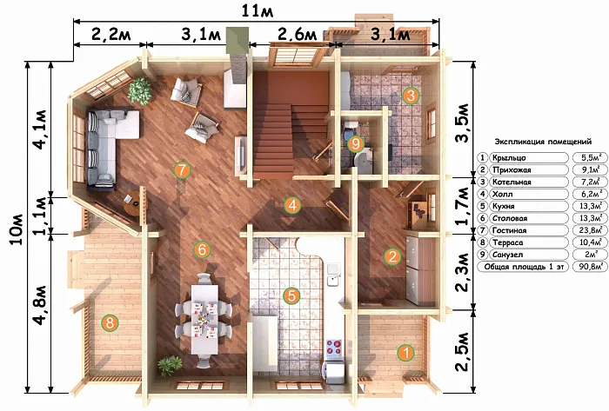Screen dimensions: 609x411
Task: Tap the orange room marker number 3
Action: point(411,95)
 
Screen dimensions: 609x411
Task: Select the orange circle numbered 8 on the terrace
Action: point(110,322)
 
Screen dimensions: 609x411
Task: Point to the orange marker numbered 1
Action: point(406,353)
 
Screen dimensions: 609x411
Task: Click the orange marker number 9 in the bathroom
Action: point(355,144)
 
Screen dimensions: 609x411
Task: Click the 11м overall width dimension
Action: point(258,10)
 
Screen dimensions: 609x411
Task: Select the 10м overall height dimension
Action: point(17,229)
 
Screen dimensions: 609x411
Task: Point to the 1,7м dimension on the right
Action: point(463,205)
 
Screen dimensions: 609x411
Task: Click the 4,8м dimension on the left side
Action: point(40,306)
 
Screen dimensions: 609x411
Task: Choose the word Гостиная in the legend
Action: point(509,230)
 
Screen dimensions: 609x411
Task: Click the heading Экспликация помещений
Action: point(543,142)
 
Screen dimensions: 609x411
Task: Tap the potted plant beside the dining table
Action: point(170,365)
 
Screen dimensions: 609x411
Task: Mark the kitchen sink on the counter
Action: point(334,275)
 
